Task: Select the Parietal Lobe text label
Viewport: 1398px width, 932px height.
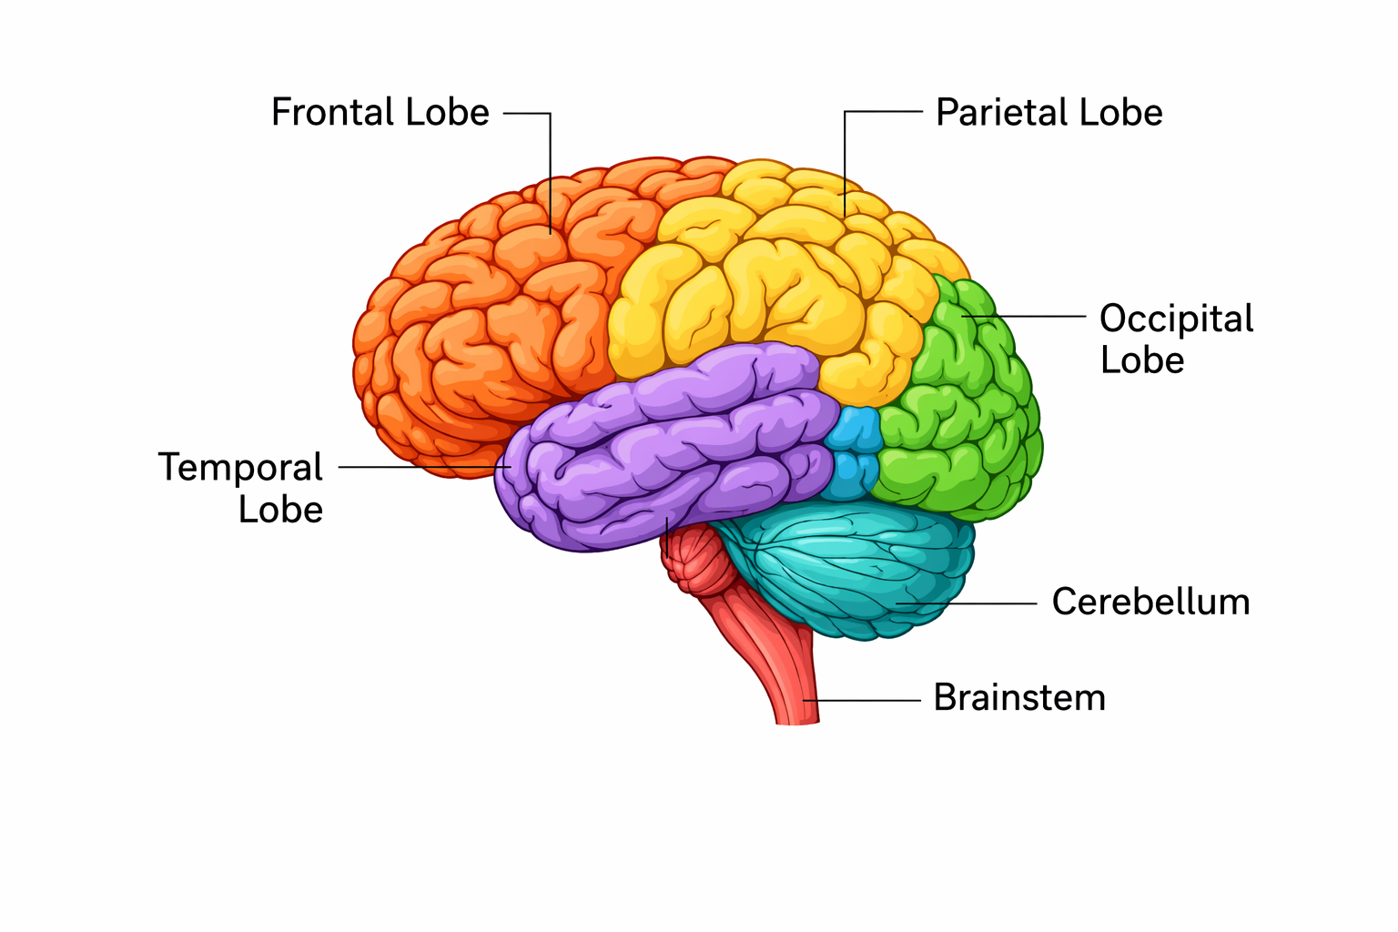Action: tap(1048, 113)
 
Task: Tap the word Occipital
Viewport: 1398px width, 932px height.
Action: tap(1176, 319)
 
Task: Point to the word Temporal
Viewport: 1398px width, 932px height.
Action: tap(240, 467)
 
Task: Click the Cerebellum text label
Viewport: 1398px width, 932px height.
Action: tap(1150, 602)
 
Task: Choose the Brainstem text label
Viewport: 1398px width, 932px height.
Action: tap(1019, 698)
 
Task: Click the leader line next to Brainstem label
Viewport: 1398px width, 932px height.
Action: tap(865, 700)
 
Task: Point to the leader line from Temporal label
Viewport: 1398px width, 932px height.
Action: tap(419, 467)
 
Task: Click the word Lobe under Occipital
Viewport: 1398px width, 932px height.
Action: tap(1141, 360)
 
